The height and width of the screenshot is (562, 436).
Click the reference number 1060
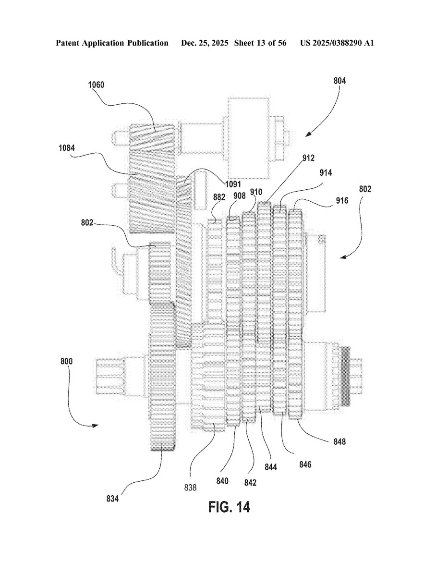96,85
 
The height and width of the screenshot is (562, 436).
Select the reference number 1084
67,147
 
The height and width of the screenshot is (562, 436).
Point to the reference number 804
339,81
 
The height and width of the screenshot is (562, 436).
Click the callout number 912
308,158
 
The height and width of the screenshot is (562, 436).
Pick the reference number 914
326,173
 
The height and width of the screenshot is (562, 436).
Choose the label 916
342,201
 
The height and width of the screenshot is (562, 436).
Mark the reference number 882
219,197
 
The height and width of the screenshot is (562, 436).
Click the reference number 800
66,361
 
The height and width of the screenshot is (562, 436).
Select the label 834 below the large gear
112,498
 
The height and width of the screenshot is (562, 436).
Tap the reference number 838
190,488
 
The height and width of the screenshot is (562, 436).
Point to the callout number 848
339,441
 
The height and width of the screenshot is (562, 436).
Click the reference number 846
305,464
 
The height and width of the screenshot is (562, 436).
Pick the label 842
251,483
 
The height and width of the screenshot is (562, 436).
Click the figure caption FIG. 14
230,507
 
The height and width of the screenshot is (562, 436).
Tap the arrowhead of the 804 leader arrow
308,134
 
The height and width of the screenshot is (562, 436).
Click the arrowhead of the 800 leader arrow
95,426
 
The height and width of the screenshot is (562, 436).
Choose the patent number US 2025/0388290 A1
337,43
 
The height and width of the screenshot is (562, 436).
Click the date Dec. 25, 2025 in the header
205,43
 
